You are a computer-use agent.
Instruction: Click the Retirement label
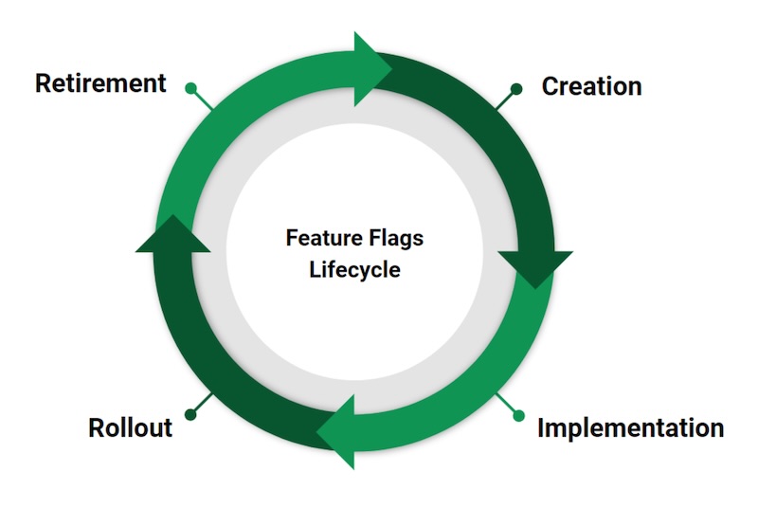[100, 83]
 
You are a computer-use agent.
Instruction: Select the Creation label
[591, 86]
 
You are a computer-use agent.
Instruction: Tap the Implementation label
[630, 427]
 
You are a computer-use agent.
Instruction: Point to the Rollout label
[130, 427]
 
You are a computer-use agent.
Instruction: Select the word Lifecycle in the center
[354, 269]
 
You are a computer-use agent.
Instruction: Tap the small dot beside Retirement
[190, 89]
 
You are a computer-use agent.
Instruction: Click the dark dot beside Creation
[516, 89]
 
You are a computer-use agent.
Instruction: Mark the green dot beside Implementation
[517, 414]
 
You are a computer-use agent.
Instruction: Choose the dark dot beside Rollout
[190, 414]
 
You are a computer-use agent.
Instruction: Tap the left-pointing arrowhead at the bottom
[336, 432]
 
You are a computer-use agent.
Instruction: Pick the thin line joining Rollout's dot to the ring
[202, 404]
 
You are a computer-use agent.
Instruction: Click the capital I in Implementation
[541, 427]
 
